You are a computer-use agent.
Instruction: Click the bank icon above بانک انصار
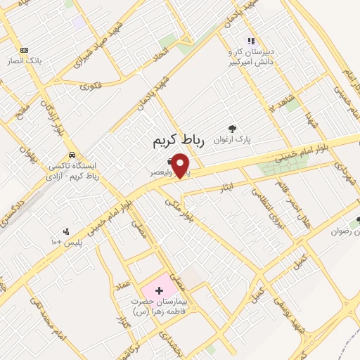pyautogui.click(x=25, y=50)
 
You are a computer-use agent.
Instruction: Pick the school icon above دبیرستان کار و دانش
pyautogui.click(x=251, y=41)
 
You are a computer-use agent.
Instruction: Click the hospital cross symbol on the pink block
pyautogui.click(x=159, y=290)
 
